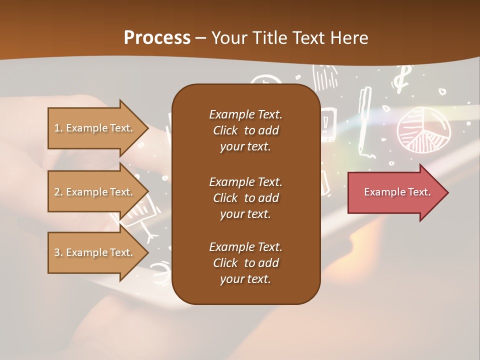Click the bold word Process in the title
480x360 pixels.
(157, 37)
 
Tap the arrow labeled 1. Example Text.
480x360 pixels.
(95, 128)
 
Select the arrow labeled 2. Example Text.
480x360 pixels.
(95, 192)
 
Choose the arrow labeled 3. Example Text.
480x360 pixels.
(95, 252)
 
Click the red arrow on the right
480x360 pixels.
(395, 192)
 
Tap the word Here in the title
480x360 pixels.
(349, 37)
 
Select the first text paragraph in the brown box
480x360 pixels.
(245, 130)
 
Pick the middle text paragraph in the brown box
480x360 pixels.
(245, 197)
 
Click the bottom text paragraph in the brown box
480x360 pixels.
(245, 263)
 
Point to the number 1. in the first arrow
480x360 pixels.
(58, 128)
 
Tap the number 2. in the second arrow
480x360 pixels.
(58, 192)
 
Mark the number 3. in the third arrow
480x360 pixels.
(58, 252)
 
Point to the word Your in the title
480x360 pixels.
(227, 37)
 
